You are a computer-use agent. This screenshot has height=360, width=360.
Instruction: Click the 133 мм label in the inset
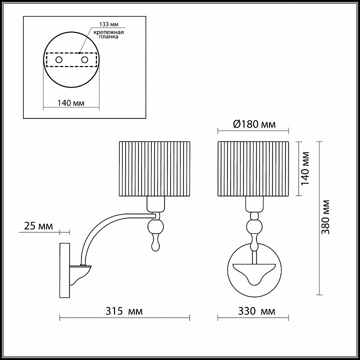[x=109, y=24]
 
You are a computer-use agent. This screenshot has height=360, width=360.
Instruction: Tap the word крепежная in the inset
[x=108, y=32]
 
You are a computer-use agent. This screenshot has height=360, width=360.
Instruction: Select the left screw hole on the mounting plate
[x=59, y=60]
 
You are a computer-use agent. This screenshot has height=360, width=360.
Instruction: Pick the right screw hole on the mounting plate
[x=84, y=60]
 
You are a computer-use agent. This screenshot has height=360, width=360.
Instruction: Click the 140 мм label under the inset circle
[x=70, y=103]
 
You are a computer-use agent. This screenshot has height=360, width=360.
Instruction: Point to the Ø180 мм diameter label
[x=254, y=124]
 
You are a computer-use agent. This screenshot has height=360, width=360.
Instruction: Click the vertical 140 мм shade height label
[x=305, y=168]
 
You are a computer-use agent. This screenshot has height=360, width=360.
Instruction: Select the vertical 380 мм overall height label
[x=325, y=217]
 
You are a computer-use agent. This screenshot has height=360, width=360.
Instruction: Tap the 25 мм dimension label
[x=38, y=226]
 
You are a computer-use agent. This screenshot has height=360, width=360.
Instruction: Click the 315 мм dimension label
[x=124, y=311]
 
